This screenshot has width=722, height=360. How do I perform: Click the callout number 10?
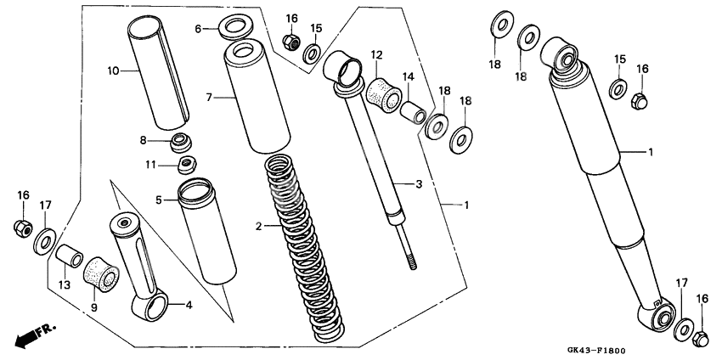pos(113,71)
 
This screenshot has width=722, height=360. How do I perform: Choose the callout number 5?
pos(159,200)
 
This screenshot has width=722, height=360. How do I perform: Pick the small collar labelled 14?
pos(412,110)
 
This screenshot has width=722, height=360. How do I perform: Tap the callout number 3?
pos(418,183)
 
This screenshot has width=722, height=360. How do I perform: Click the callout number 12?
pos(377,55)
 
